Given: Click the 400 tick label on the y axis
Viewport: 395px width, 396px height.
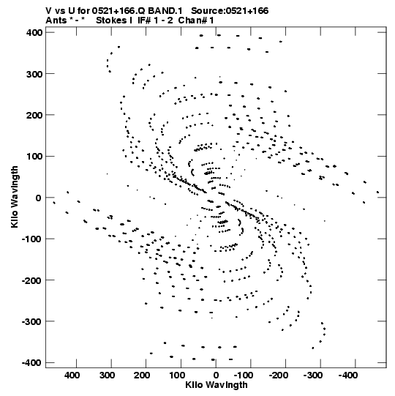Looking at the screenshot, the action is [34, 33].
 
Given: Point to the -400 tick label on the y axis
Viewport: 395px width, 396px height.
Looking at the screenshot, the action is [31, 363].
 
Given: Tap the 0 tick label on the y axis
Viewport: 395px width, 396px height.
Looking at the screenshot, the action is [38, 198].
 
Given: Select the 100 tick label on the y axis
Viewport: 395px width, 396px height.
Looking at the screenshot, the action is [34, 157].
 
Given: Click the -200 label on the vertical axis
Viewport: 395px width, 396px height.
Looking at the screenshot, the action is [31, 280].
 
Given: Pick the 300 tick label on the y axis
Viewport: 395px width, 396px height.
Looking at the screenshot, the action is [34, 74].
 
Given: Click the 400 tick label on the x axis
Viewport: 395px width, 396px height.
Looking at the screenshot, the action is [72, 376].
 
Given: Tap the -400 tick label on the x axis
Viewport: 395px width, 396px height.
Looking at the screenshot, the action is [347, 376].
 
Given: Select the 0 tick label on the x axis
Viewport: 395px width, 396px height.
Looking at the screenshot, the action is [216, 376].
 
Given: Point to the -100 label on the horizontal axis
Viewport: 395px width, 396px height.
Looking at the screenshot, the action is [244, 376].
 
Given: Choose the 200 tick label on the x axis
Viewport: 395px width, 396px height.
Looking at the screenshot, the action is [142, 376].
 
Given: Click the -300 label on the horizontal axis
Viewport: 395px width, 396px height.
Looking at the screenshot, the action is [313, 376].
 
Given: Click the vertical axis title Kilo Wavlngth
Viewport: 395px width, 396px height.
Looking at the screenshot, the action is [15, 197].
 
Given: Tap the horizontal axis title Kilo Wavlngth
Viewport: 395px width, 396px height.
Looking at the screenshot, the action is [217, 384].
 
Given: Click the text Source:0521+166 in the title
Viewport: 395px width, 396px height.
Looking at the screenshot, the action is [230, 11].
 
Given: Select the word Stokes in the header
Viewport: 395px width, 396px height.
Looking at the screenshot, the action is [110, 20].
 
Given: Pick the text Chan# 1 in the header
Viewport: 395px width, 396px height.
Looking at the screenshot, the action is [196, 20].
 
